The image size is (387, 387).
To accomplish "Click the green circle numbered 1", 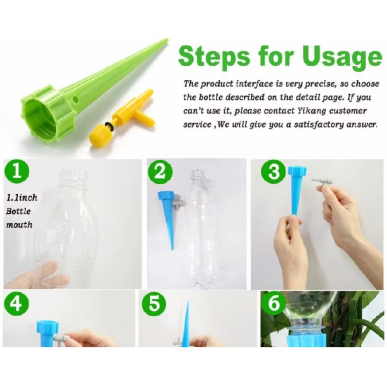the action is pyautogui.click(x=17, y=172).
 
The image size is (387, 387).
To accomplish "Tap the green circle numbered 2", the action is pyautogui.click(x=160, y=172).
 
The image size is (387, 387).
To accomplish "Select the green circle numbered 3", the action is pyautogui.click(x=274, y=172).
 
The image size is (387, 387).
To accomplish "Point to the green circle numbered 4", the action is pyautogui.click(x=17, y=303).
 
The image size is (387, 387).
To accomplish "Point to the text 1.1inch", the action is pyautogui.click(x=22, y=197).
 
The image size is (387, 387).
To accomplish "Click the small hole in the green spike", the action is pyautogui.click(x=76, y=100).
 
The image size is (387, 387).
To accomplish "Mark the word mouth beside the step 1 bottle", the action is pyautogui.click(x=19, y=225).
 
